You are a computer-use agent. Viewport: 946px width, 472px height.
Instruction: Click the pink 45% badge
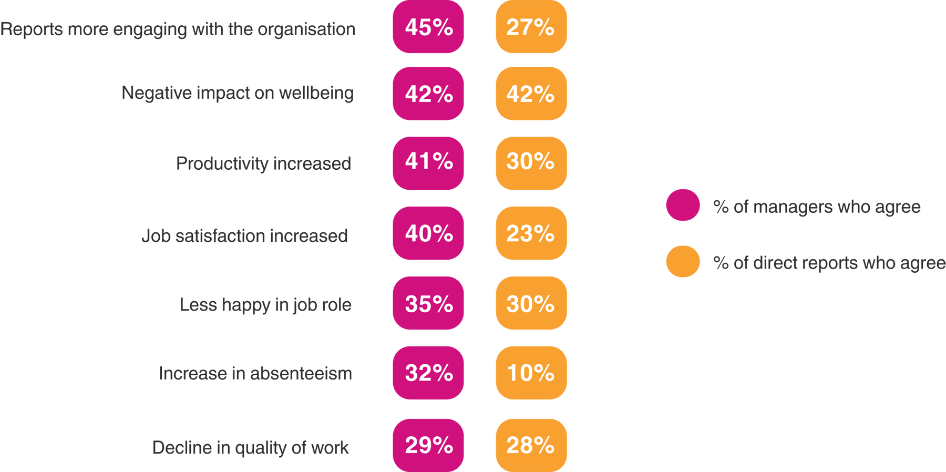[x=428, y=27]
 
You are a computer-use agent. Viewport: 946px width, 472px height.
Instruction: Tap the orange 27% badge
[x=531, y=27]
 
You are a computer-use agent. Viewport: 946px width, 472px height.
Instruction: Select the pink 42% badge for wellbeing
[x=428, y=94]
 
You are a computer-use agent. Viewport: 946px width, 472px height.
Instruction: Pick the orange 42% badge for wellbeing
[x=531, y=94]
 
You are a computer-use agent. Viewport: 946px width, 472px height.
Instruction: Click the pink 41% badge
[x=428, y=163]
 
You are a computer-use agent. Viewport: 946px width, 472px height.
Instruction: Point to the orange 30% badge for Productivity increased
[x=531, y=163]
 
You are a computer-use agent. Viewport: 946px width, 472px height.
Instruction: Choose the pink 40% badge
[x=428, y=233]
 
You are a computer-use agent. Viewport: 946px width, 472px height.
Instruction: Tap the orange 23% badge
[x=531, y=233]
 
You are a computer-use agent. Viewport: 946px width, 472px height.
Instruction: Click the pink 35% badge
[x=428, y=303]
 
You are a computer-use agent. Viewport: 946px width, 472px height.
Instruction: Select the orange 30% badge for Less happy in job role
[x=531, y=303]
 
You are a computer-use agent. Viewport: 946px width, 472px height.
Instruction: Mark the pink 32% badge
[x=428, y=373]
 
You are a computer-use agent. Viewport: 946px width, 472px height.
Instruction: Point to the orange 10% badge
[x=531, y=373]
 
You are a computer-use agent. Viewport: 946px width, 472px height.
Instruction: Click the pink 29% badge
[x=428, y=445]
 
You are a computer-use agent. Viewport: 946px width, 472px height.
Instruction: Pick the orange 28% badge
[x=531, y=445]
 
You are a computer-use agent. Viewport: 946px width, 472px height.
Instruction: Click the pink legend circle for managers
[x=683, y=205]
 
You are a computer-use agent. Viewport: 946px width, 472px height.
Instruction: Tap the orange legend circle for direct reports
[x=683, y=261]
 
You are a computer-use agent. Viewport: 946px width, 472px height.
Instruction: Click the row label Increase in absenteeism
[x=255, y=374]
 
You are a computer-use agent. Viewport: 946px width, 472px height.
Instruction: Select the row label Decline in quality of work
[x=250, y=448]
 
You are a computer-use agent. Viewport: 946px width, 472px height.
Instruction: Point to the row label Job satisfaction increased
[x=244, y=236]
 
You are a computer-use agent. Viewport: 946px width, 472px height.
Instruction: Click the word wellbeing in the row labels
[x=316, y=93]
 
